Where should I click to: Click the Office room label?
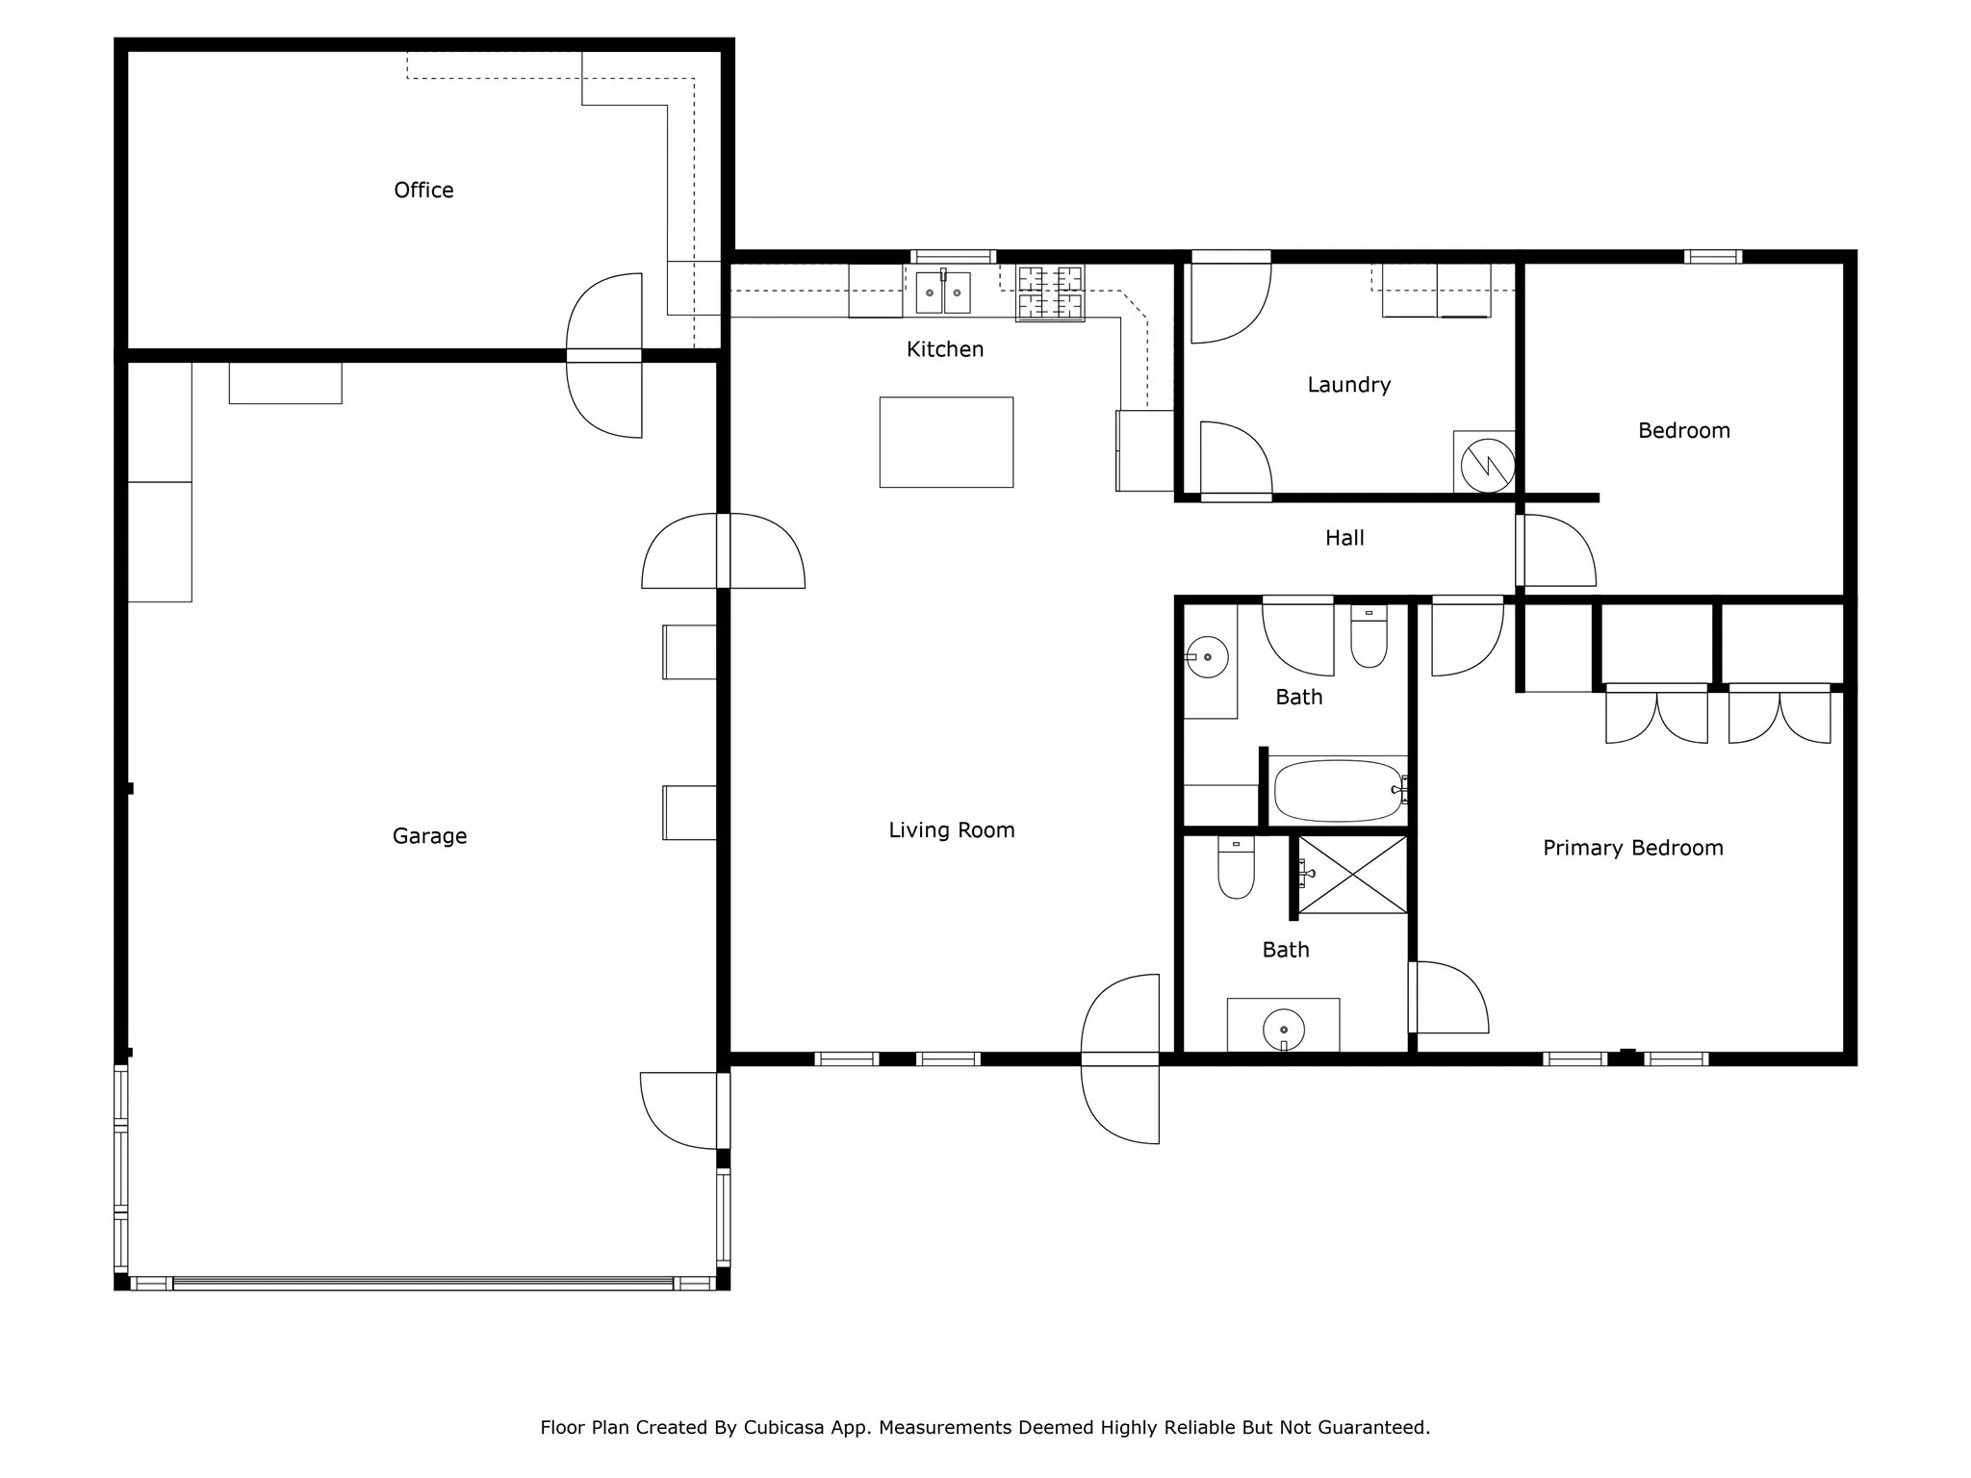[423, 191]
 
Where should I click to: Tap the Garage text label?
[429, 836]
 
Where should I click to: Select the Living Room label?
[951, 830]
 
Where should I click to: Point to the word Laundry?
[1348, 386]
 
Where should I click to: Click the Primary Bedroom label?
[1632, 849]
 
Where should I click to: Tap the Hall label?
[1344, 538]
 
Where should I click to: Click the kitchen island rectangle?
[946, 442]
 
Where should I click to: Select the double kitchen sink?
[943, 293]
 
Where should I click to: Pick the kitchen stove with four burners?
[1050, 293]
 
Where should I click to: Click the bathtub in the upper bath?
[1338, 791]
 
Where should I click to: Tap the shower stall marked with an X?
[1352, 875]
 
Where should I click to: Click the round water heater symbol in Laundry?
[1487, 466]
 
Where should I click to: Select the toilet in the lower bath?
[1236, 867]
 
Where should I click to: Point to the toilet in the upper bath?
[1369, 636]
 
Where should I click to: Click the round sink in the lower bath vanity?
[1284, 1030]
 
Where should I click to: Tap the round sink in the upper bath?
[1207, 657]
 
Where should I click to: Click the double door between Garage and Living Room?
[724, 550]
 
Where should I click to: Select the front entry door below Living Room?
[1120, 1059]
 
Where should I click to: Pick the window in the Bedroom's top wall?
[1713, 257]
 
